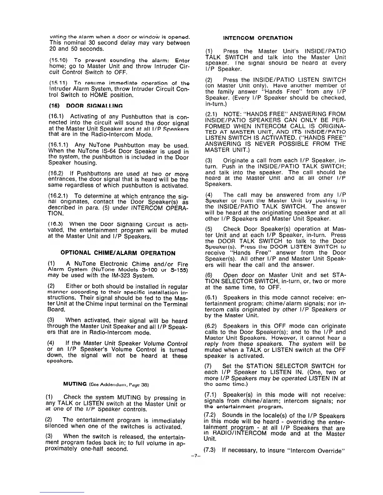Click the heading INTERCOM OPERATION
point(258,38)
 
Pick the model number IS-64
point(133,152)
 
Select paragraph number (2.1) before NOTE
point(211,114)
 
